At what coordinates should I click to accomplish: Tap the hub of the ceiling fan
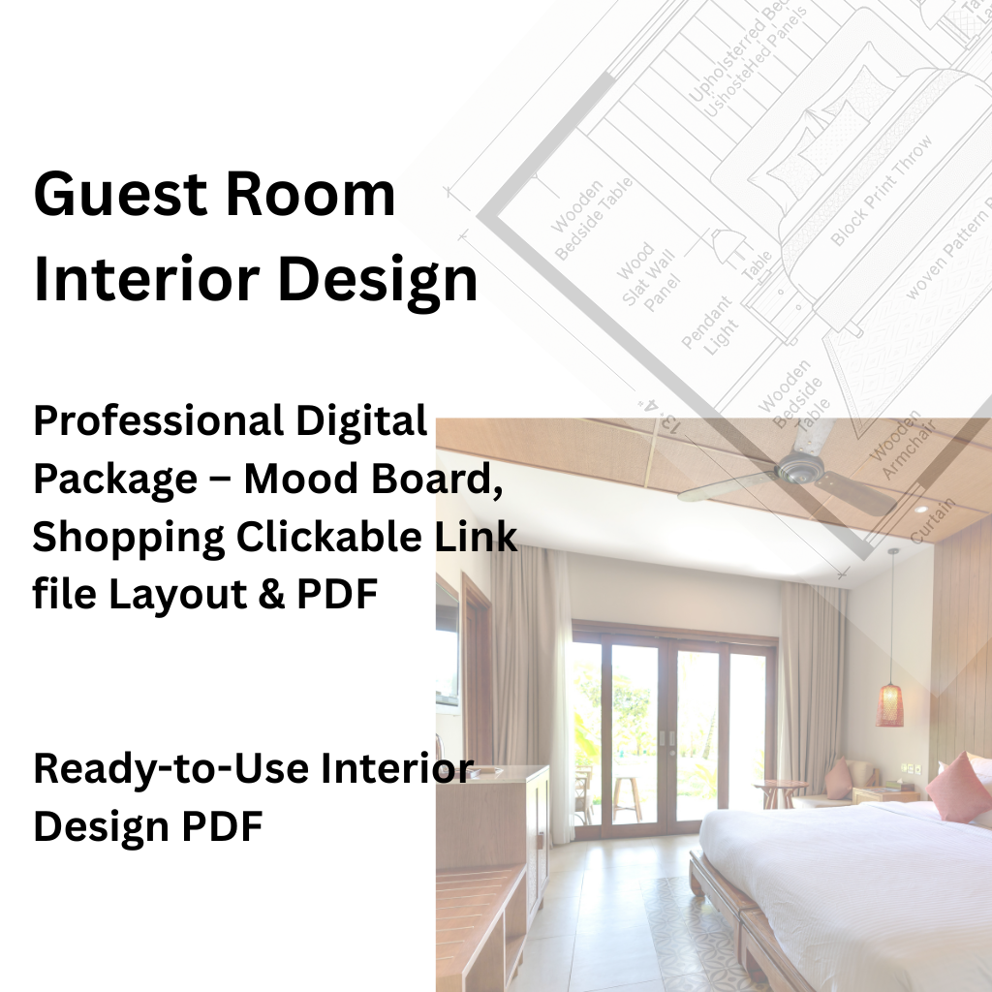pos(800,470)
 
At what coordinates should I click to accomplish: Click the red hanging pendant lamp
pos(889,704)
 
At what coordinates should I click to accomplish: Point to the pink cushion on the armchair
pos(838,778)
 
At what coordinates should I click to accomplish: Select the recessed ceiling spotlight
pos(919,508)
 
